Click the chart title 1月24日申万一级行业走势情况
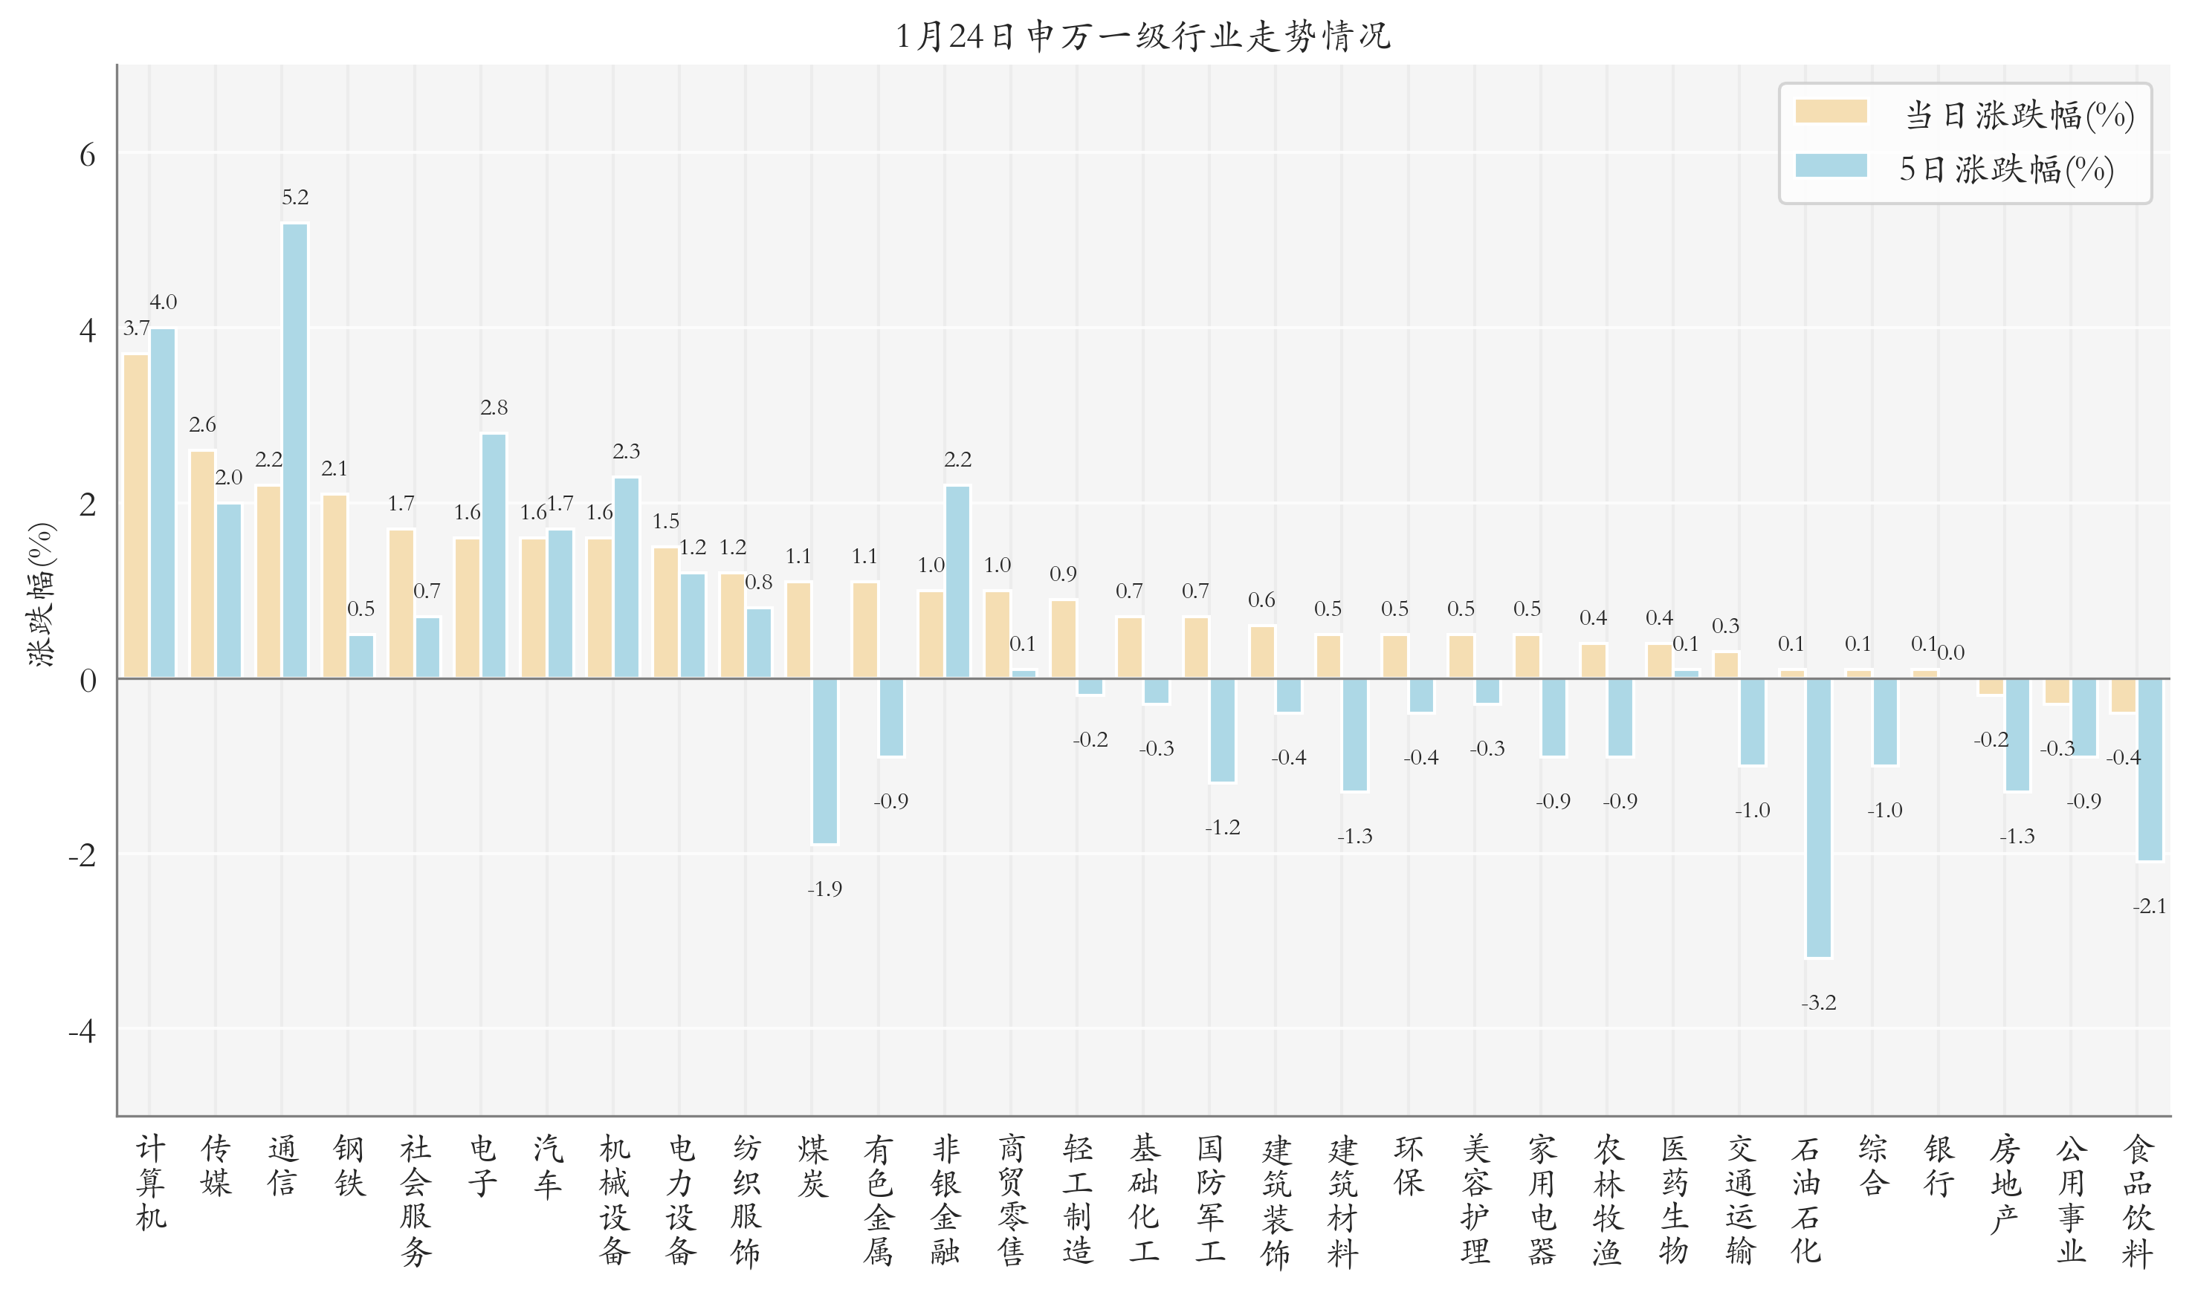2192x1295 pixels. coord(1142,36)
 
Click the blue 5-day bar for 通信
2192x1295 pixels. coord(295,450)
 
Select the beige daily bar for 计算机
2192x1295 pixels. coord(136,516)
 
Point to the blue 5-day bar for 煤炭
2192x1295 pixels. coord(825,761)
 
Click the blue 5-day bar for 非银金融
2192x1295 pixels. coord(957,581)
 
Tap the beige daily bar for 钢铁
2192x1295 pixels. coord(335,585)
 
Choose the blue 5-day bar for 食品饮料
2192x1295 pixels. coord(2149,770)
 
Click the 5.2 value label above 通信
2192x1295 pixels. coord(295,197)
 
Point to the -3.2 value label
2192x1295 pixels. coord(1818,1003)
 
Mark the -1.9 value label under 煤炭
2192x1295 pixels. coord(825,889)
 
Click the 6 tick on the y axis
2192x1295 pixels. coord(87,155)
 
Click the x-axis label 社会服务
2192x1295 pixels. coord(415,1200)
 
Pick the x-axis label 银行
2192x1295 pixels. coord(1938,1166)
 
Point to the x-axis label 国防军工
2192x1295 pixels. coord(1210,1200)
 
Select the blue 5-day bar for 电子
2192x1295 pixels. coord(494,556)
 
